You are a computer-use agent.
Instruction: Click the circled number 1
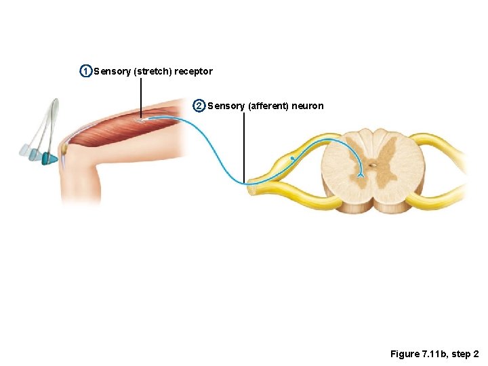tap(85, 71)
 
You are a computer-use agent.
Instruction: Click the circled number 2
tap(199, 106)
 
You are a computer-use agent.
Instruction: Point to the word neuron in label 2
tap(309, 106)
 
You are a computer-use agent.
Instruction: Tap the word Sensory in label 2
tap(226, 106)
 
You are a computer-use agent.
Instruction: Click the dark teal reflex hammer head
tap(49, 159)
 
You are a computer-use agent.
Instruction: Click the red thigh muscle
tap(122, 129)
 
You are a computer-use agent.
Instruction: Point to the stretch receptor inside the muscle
tap(143, 121)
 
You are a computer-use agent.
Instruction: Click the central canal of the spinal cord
tap(372, 164)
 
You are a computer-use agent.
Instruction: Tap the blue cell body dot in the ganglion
tap(292, 159)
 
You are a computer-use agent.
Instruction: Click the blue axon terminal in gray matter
tap(361, 176)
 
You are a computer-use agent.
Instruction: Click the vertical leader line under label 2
tap(243, 146)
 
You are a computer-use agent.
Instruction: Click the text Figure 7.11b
tap(417, 354)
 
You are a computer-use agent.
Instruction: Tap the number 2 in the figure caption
tap(476, 354)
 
